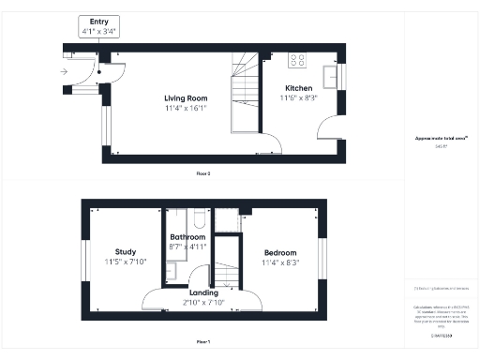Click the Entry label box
(98, 26)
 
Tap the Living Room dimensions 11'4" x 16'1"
(186, 108)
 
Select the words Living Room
(186, 97)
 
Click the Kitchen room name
(296, 88)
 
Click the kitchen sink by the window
(331, 75)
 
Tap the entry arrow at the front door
(64, 71)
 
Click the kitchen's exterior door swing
(327, 130)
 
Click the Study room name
(126, 252)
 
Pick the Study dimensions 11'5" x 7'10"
(126, 262)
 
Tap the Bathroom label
(187, 238)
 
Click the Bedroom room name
(279, 253)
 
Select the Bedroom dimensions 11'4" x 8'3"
(279, 263)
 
